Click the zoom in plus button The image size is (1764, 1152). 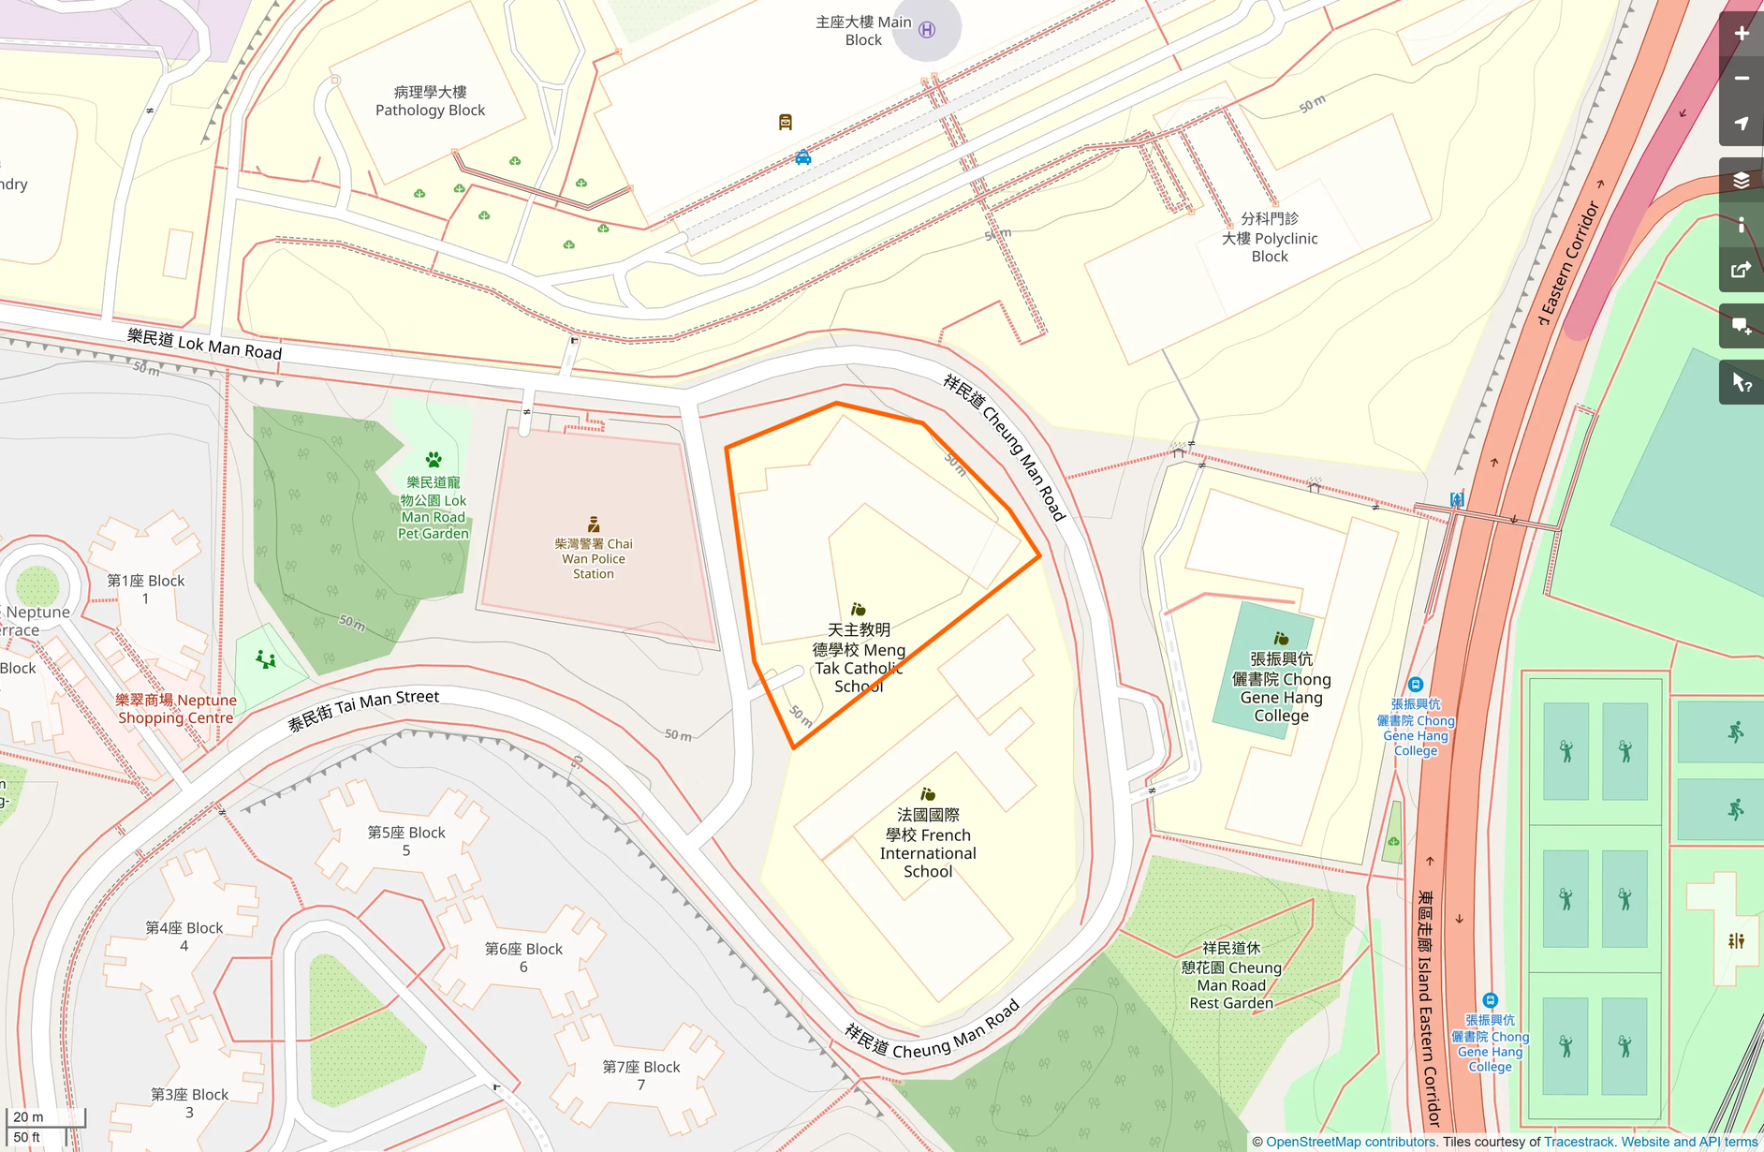coord(1741,34)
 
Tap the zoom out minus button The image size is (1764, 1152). coord(1741,79)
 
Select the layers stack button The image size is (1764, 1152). coord(1741,180)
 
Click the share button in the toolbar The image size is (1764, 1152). coord(1741,270)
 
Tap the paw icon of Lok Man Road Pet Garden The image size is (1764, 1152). coord(434,460)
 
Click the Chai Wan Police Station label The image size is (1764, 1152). coord(594,558)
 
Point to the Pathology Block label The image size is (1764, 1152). coord(430,101)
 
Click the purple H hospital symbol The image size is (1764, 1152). coord(927,30)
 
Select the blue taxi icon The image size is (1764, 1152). coord(803,157)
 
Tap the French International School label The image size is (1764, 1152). coord(927,843)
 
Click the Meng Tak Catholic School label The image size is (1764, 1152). coord(859,657)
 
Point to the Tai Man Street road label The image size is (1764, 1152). coord(363,710)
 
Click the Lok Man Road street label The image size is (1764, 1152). coord(204,344)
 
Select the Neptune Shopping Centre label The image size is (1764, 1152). coord(176,709)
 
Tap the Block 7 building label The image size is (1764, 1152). coord(641,1075)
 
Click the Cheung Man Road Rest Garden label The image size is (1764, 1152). coord(1231,975)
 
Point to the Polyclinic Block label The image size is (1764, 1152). coord(1270,238)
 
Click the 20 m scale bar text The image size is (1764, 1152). coord(28,1116)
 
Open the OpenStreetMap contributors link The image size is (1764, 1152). coord(1350,1142)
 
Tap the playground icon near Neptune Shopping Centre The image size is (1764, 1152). coord(266,660)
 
